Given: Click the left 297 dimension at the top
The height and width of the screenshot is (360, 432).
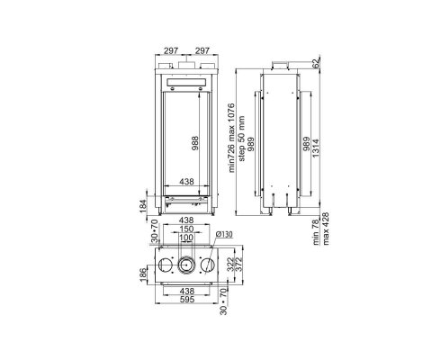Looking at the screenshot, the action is coord(171,50).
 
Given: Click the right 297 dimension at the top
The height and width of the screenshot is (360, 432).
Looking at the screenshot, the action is coord(202,50).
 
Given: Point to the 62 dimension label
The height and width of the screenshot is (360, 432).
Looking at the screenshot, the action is coord(315,63).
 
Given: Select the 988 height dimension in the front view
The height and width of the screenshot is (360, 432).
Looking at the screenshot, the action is coord(195,143).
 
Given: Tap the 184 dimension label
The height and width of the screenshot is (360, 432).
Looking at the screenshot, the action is coord(143,206).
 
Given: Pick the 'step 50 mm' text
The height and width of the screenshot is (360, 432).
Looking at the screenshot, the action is coord(241,139).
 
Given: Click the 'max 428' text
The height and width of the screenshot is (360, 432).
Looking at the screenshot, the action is coord(326,229).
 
